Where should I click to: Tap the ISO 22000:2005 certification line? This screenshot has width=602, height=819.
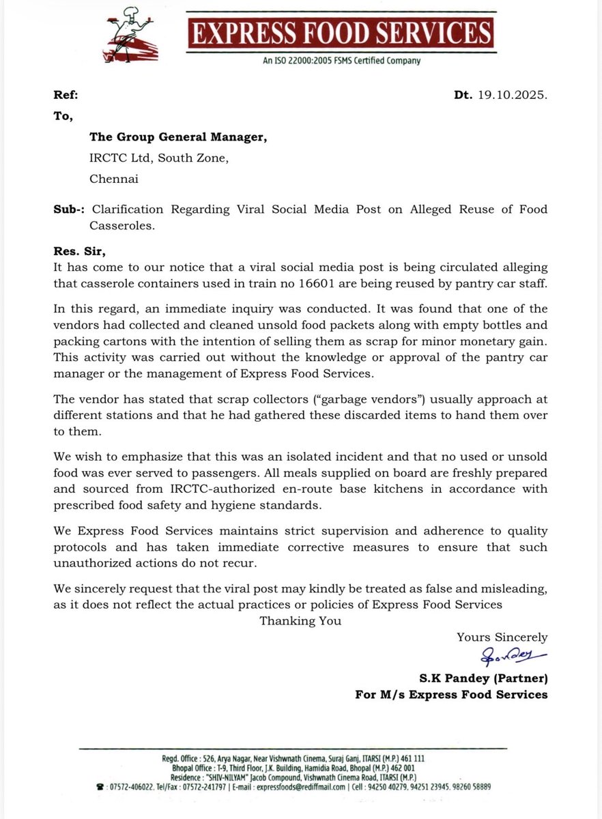(x=341, y=61)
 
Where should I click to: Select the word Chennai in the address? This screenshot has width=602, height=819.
(x=114, y=179)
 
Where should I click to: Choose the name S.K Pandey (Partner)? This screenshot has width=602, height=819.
(x=483, y=679)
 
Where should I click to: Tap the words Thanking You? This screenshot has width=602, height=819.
(x=300, y=620)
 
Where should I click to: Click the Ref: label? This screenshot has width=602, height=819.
(x=66, y=96)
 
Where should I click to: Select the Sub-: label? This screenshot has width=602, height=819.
(x=69, y=209)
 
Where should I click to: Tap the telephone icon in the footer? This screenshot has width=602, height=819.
(x=101, y=787)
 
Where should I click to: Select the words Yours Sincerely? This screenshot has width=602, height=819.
(x=502, y=637)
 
